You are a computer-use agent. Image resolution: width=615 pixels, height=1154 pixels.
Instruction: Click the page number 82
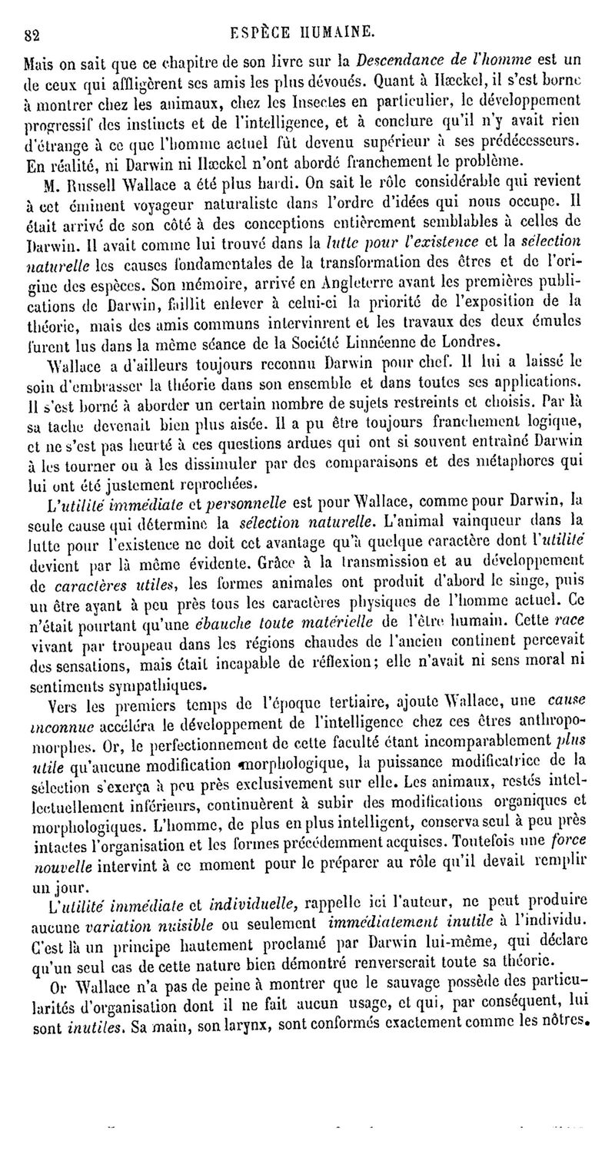pyautogui.click(x=32, y=34)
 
